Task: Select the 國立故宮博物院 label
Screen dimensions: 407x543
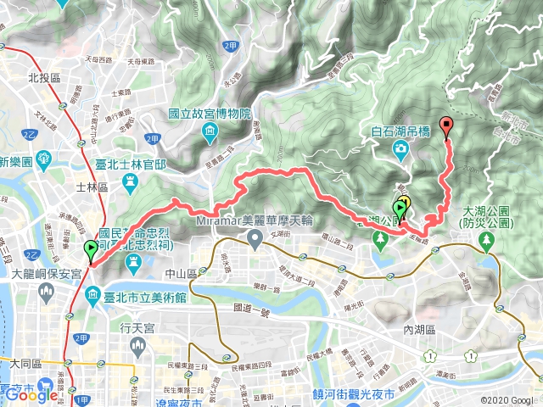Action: point(210,113)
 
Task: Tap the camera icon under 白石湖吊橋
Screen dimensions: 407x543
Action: point(400,149)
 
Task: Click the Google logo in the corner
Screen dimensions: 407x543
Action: point(32,394)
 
